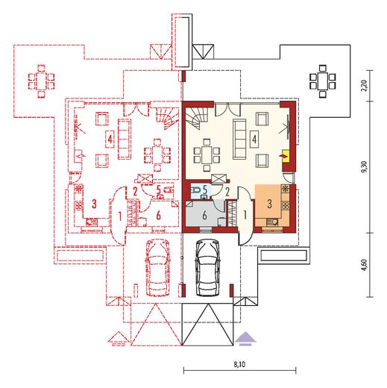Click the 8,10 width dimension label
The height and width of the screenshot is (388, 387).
tap(239, 364)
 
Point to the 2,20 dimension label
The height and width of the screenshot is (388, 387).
tap(365, 86)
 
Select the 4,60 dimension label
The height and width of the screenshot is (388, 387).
tap(365, 265)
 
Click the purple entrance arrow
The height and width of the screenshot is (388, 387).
tap(245, 339)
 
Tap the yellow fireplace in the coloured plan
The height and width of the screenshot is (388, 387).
tap(286, 156)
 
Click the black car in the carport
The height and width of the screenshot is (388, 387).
tap(208, 268)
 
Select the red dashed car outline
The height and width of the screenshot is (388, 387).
tap(158, 268)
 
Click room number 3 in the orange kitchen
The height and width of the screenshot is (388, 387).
tap(270, 204)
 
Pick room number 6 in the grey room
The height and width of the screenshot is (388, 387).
tap(204, 215)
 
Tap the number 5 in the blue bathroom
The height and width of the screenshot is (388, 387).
tap(205, 190)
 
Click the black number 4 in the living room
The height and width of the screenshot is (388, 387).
tap(254, 139)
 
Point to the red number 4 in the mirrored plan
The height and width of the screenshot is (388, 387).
tap(110, 139)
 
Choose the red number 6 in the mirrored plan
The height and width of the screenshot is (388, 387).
tap(158, 216)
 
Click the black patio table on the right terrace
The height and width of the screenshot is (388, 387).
tap(323, 81)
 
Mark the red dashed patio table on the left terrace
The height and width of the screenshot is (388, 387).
tap(42, 81)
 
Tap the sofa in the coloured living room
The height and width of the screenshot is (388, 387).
tap(239, 139)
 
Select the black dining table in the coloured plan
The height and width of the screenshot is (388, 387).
tap(207, 155)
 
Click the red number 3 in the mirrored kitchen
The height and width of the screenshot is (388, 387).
tap(94, 204)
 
